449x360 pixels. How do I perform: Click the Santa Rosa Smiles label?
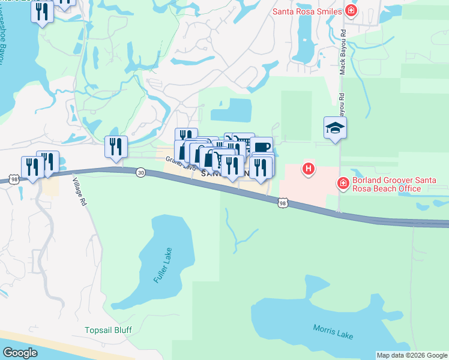pyautogui.click(x=307, y=11)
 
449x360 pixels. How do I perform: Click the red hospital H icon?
pyautogui.click(x=309, y=170)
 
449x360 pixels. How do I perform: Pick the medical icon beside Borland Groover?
pyautogui.click(x=343, y=183)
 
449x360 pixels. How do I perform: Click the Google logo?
pyautogui.click(x=20, y=353)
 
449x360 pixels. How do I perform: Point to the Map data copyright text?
pyautogui.click(x=412, y=355)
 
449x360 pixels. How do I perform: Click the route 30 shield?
pyautogui.click(x=140, y=172)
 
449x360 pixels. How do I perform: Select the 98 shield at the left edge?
pyautogui.click(x=13, y=179)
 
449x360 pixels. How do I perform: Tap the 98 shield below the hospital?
pyautogui.click(x=283, y=204)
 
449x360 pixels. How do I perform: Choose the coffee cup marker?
pyautogui.click(x=261, y=146)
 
